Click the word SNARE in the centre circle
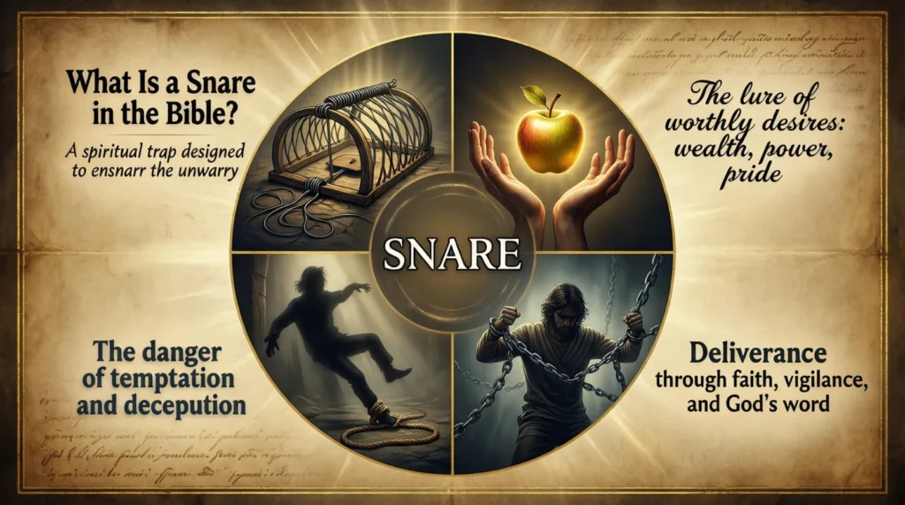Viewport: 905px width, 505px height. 452,254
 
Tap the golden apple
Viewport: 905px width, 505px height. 550,142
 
